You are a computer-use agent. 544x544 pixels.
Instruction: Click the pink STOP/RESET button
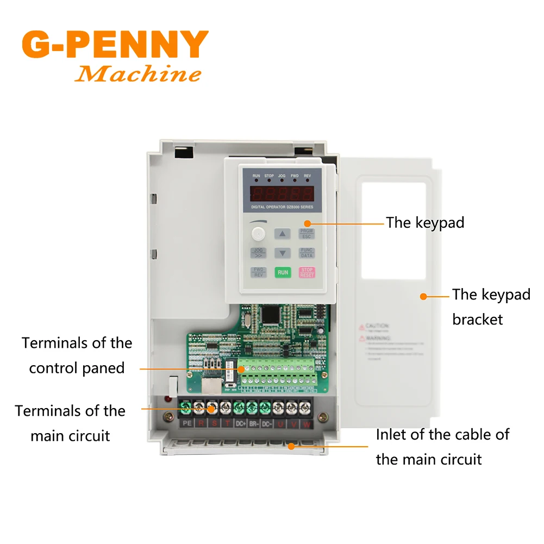point(307,272)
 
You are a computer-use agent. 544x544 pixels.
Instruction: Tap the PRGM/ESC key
point(307,234)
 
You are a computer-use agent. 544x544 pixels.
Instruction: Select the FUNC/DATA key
point(307,253)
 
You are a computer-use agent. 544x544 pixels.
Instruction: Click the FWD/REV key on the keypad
point(258,272)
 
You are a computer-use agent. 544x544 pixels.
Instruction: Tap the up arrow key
point(282,234)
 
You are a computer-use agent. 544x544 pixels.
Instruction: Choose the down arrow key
point(282,253)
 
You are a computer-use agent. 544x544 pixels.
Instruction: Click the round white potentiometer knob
point(258,234)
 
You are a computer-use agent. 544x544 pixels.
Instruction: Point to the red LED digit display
point(281,193)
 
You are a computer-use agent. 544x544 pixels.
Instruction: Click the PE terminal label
point(187,423)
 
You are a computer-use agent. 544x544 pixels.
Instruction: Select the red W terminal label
point(307,423)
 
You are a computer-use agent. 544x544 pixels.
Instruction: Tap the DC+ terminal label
point(240,423)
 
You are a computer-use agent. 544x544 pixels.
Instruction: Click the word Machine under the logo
point(138,73)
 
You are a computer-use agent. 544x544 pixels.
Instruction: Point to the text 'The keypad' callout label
point(425,223)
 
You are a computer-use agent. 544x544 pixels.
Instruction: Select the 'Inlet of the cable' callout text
point(442,434)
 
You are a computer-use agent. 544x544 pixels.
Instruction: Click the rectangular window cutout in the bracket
point(394,230)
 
